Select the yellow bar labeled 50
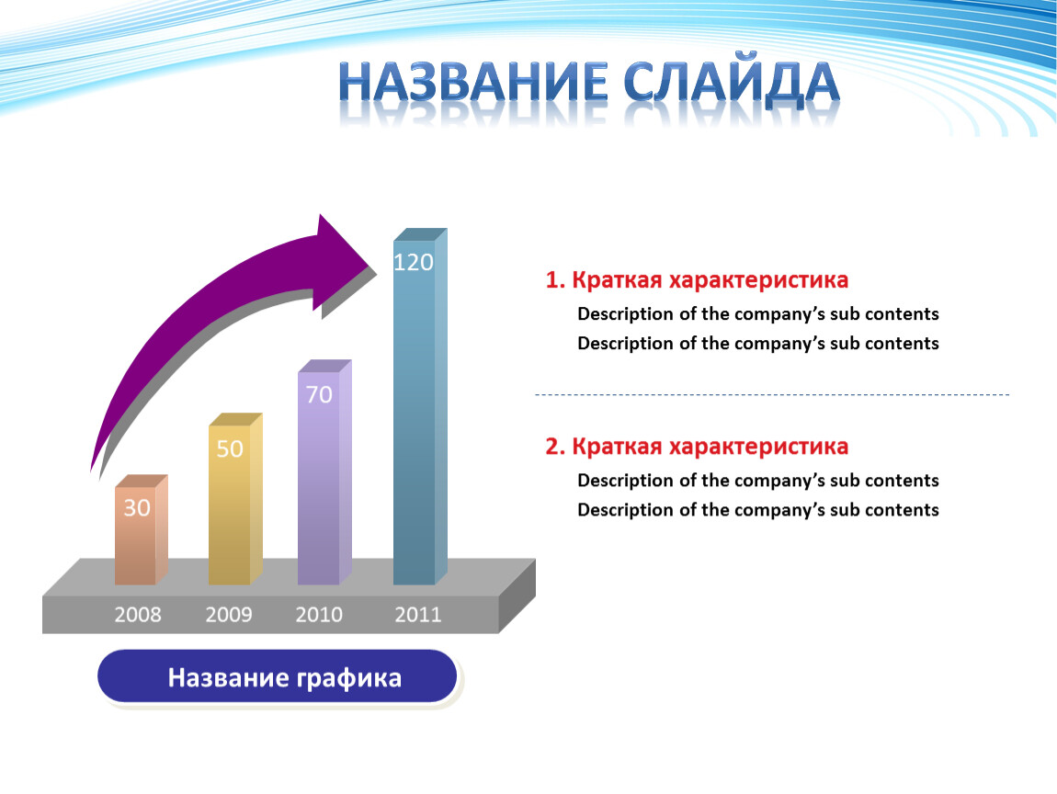235,499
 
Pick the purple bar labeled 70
324,471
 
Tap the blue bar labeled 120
420,406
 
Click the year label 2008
138,615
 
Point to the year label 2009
229,615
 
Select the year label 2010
319,615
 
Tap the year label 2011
418,615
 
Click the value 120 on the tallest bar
414,262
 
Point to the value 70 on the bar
319,394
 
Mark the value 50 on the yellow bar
229,448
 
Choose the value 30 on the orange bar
137,507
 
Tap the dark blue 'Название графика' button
277,676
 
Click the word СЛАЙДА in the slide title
732,83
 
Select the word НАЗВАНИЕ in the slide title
474,82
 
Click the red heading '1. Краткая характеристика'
697,279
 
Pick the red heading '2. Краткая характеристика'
697,447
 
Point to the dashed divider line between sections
772,394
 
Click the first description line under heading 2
757,481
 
